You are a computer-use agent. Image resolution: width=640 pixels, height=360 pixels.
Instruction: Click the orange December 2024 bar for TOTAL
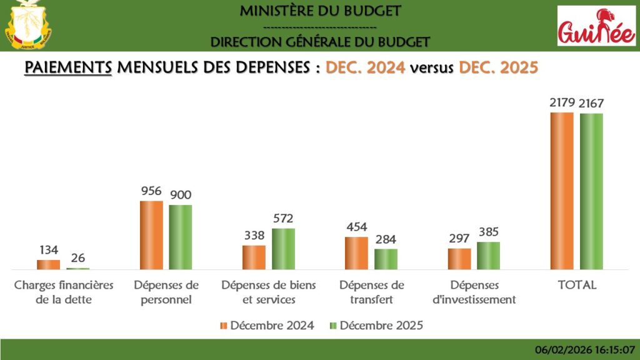[x=561, y=191]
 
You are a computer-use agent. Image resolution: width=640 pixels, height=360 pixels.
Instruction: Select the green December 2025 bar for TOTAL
[x=591, y=191]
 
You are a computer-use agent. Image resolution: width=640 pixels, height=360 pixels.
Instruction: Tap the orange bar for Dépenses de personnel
[x=151, y=235]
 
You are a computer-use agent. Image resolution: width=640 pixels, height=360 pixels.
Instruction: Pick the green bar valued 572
[x=283, y=249]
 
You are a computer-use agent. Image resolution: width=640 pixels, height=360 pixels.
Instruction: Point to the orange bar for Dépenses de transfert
[x=356, y=253]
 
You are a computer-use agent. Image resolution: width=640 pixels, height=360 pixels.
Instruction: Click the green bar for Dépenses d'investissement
[x=488, y=256]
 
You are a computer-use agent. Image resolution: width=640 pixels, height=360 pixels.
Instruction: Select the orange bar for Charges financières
[x=48, y=264]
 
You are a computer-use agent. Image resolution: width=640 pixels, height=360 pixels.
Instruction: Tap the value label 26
[x=78, y=258]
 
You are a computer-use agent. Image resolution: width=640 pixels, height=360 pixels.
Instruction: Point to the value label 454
[x=356, y=227]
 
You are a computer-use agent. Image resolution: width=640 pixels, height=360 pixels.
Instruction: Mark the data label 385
[x=488, y=232]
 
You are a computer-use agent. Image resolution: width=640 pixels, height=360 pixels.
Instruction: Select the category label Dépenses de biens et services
[x=269, y=292]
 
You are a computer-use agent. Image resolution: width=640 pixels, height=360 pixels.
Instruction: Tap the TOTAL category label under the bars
[x=577, y=285]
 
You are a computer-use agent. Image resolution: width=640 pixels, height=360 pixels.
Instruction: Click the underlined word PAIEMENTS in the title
[x=68, y=67]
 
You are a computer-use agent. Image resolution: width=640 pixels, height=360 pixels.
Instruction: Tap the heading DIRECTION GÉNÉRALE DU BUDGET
[x=320, y=42]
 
